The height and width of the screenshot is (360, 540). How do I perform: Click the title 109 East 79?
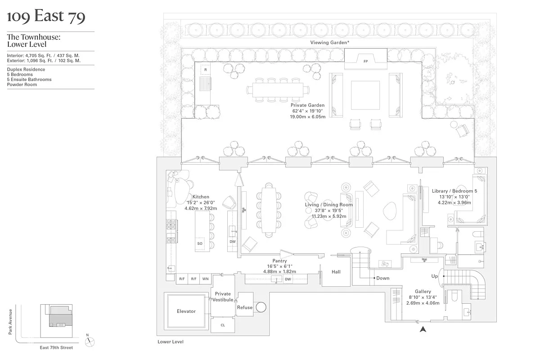pos(46,17)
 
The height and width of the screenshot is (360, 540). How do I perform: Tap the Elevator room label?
pos(186,311)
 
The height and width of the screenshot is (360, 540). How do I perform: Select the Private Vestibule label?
pos(223,297)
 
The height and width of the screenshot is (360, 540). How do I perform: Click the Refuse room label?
pos(245,308)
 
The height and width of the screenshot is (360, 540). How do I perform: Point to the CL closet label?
pos(223,325)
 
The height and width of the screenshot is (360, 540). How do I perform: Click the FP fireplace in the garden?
pos(365,61)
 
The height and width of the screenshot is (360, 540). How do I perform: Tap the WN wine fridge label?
pos(205,279)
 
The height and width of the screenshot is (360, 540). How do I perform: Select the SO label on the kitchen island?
pos(200,243)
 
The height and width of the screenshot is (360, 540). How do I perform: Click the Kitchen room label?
pos(201,197)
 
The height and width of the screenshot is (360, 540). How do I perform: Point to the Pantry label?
pos(279,261)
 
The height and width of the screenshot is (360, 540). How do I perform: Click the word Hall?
pos(336,272)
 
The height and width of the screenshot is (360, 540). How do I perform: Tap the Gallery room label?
pos(423,292)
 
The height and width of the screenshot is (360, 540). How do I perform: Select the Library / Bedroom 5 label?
pos(454,191)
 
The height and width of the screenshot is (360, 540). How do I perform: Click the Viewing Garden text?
pos(330,42)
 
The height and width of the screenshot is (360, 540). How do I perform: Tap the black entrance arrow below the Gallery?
pos(423,330)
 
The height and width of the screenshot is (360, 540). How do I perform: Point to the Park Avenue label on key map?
pos(9,321)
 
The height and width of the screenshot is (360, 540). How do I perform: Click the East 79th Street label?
pos(56,347)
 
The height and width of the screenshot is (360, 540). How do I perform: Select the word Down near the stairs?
pos(383,278)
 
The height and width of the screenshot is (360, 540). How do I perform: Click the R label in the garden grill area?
pos(205,70)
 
